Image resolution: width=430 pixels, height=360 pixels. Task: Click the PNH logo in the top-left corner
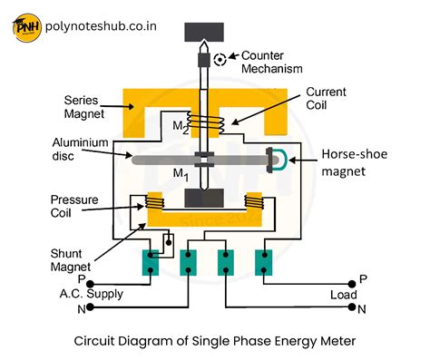click(28, 25)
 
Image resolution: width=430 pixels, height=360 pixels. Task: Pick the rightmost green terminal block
click(263, 262)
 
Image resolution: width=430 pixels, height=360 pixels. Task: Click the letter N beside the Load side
click(362, 310)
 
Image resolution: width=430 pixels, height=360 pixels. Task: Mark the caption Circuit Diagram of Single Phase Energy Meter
click(214, 342)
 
